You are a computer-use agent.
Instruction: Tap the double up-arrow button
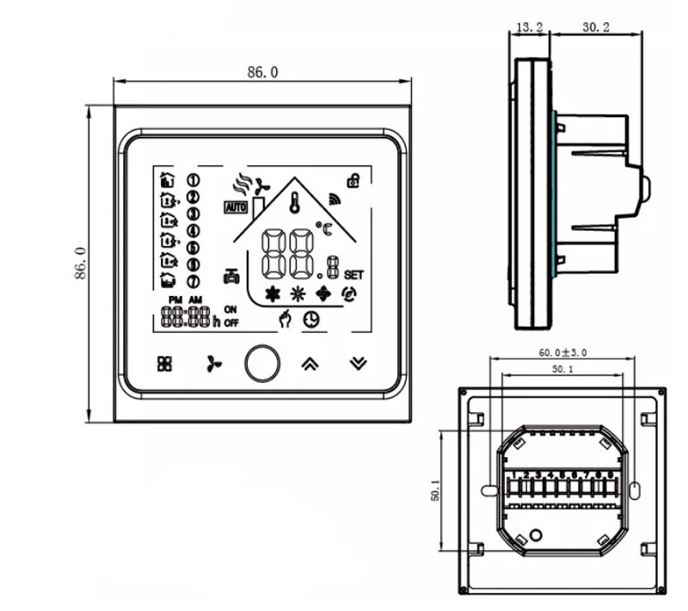click(x=309, y=363)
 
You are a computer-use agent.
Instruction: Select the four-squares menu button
click(x=164, y=363)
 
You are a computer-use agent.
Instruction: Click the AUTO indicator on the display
click(x=235, y=207)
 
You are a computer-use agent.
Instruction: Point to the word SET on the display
click(x=353, y=275)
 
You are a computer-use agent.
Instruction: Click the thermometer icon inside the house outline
click(x=295, y=204)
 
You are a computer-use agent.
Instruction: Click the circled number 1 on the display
click(x=193, y=180)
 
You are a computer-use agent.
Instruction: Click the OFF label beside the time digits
click(x=231, y=323)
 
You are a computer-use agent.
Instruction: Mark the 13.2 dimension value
click(x=529, y=28)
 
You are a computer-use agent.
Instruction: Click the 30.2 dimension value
click(x=595, y=28)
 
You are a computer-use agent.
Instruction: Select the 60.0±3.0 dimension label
click(x=562, y=353)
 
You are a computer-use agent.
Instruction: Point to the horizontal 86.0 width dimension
click(x=262, y=73)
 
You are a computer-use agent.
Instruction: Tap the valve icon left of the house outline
click(x=230, y=276)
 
